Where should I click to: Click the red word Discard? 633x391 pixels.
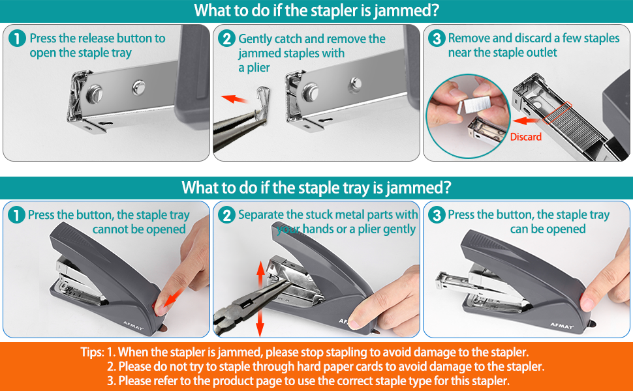[525, 137]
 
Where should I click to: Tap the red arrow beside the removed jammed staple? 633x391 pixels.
[235, 99]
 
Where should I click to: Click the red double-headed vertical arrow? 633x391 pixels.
[260, 298]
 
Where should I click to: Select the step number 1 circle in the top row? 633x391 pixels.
[17, 38]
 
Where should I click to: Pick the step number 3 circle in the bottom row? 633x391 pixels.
[437, 215]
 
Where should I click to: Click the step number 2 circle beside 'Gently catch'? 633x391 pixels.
[226, 38]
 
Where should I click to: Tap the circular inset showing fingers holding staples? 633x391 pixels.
[468, 116]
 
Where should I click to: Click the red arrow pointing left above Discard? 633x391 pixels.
[527, 121]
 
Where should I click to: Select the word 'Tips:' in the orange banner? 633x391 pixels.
[92, 353]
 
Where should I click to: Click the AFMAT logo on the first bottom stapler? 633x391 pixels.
[133, 326]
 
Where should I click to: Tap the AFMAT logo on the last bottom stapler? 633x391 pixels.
[562, 325]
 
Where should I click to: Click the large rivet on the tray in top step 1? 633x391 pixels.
[94, 93]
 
